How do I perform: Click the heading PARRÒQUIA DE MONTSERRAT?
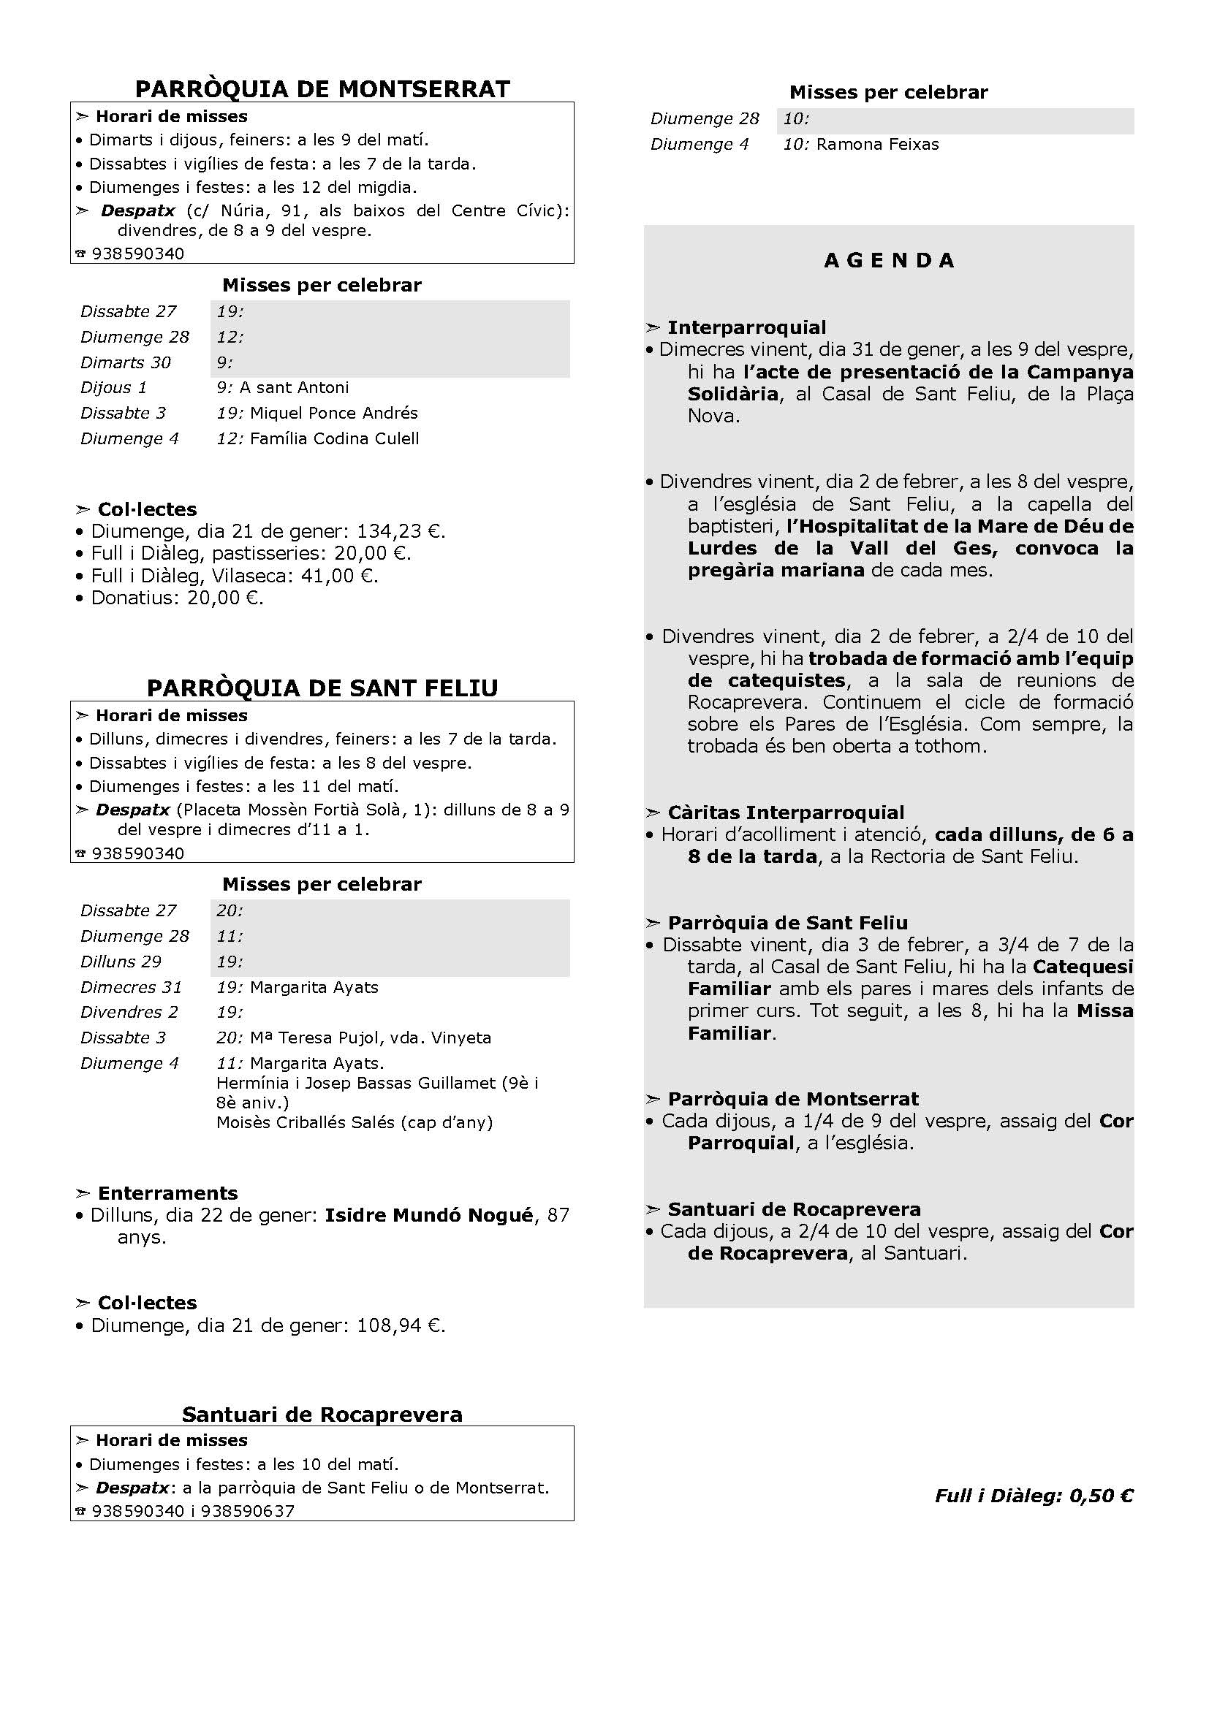pos(322,89)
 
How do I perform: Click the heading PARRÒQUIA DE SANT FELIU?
pos(322,688)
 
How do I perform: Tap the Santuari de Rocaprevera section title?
pos(322,1415)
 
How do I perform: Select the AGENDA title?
pos(889,261)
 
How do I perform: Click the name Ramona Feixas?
pos(877,145)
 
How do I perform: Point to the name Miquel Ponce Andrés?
pos(333,413)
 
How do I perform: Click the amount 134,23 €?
pos(401,531)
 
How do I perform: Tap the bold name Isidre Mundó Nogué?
pos(429,1215)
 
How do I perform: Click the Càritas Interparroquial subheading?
pos(785,812)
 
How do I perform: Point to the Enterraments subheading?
pos(167,1193)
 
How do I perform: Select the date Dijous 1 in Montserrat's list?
pos(114,388)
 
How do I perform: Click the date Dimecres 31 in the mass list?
pos(131,987)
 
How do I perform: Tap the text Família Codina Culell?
pos(334,438)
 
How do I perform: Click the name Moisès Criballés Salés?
pos(306,1122)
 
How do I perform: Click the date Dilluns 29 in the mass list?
pos(121,962)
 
